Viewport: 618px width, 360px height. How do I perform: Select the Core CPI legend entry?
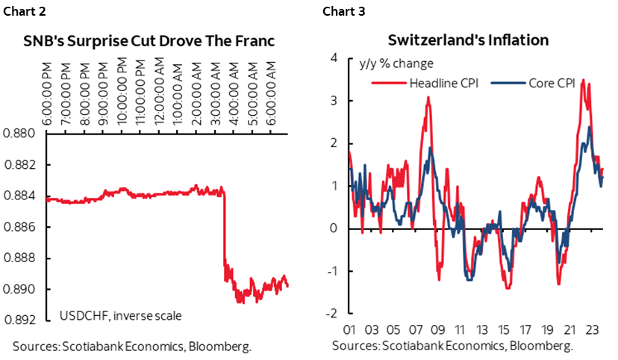550,83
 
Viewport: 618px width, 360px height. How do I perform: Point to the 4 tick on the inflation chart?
334,58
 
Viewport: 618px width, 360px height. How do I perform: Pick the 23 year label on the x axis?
589,329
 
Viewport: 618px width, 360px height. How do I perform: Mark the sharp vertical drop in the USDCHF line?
224,232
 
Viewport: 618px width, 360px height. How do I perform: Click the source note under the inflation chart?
452,346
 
